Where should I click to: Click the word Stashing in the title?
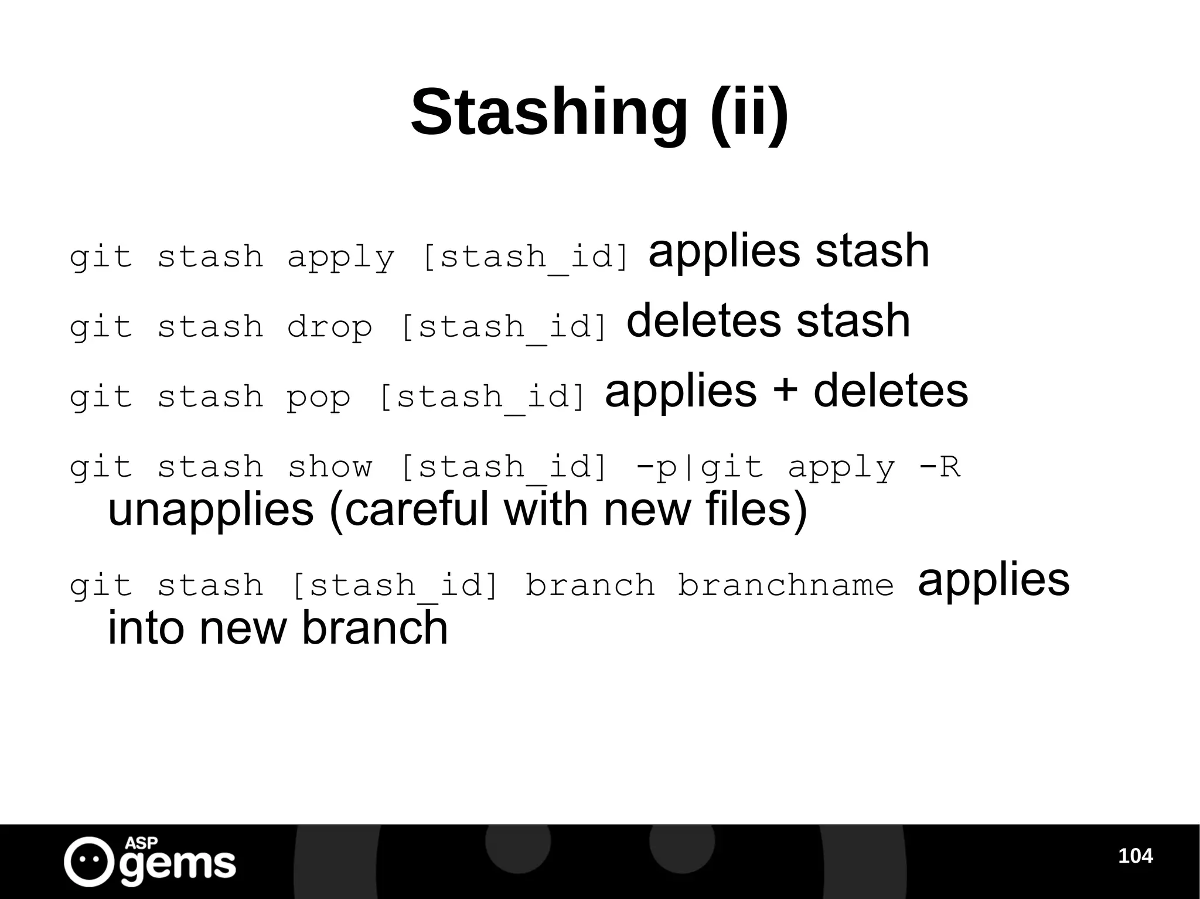click(549, 112)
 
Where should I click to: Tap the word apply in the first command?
click(341, 258)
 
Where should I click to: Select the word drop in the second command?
click(329, 327)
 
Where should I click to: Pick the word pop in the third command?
click(318, 397)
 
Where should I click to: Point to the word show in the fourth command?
click(329, 467)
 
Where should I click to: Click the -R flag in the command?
click(939, 467)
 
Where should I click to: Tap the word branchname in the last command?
click(786, 585)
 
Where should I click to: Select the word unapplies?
click(211, 510)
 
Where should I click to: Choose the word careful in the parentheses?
click(416, 510)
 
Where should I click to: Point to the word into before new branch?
click(144, 628)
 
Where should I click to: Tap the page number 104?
click(1135, 856)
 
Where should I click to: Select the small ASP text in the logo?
click(141, 843)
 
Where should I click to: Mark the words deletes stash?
click(768, 321)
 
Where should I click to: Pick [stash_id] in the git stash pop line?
click(482, 397)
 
